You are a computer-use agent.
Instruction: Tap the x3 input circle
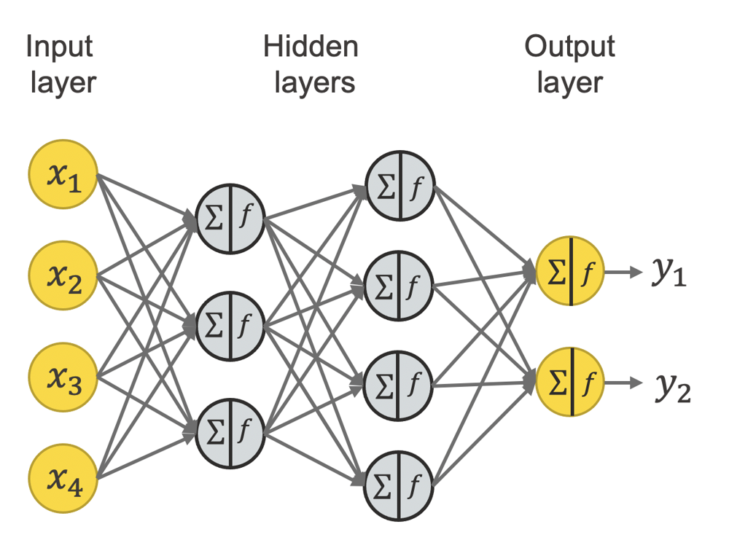pyautogui.click(x=63, y=377)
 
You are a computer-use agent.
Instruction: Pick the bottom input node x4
pyautogui.click(x=63, y=479)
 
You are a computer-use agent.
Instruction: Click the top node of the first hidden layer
pyautogui.click(x=230, y=219)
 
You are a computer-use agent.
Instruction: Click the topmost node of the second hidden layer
pyautogui.click(x=399, y=185)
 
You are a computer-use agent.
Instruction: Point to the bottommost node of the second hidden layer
pyautogui.click(x=399, y=485)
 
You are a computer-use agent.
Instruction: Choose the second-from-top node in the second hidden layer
pyautogui.click(x=399, y=285)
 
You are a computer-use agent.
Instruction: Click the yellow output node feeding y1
pyautogui.click(x=570, y=271)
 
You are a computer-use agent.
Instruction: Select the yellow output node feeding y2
pyautogui.click(x=570, y=382)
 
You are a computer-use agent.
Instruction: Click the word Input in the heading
pyautogui.click(x=60, y=48)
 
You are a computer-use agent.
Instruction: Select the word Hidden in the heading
pyautogui.click(x=311, y=48)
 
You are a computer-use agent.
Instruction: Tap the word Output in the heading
pyautogui.click(x=569, y=48)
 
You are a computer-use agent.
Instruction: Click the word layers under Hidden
pyautogui.click(x=314, y=82)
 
